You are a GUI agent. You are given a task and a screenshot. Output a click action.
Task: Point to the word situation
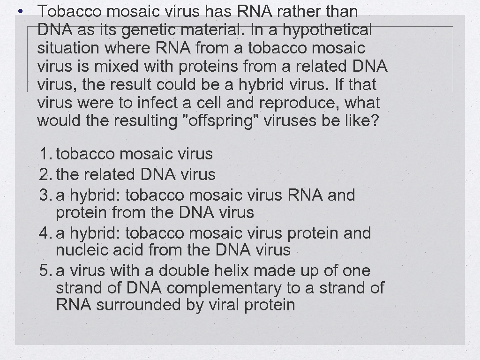click(68, 48)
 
